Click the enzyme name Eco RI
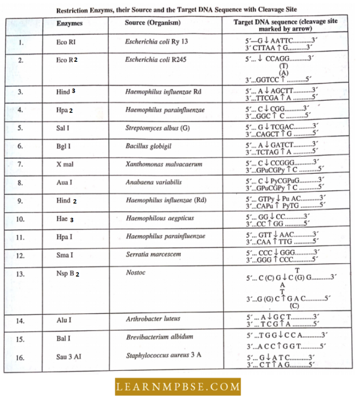pos(66,42)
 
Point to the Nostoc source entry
pos(136,273)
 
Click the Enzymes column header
pos(69,23)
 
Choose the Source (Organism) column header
pos(153,23)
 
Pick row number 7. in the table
pos(20,164)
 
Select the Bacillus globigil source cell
pos(149,146)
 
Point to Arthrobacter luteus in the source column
pos(153,319)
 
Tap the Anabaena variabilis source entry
pos(153,182)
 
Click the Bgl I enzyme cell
pos(63,146)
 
